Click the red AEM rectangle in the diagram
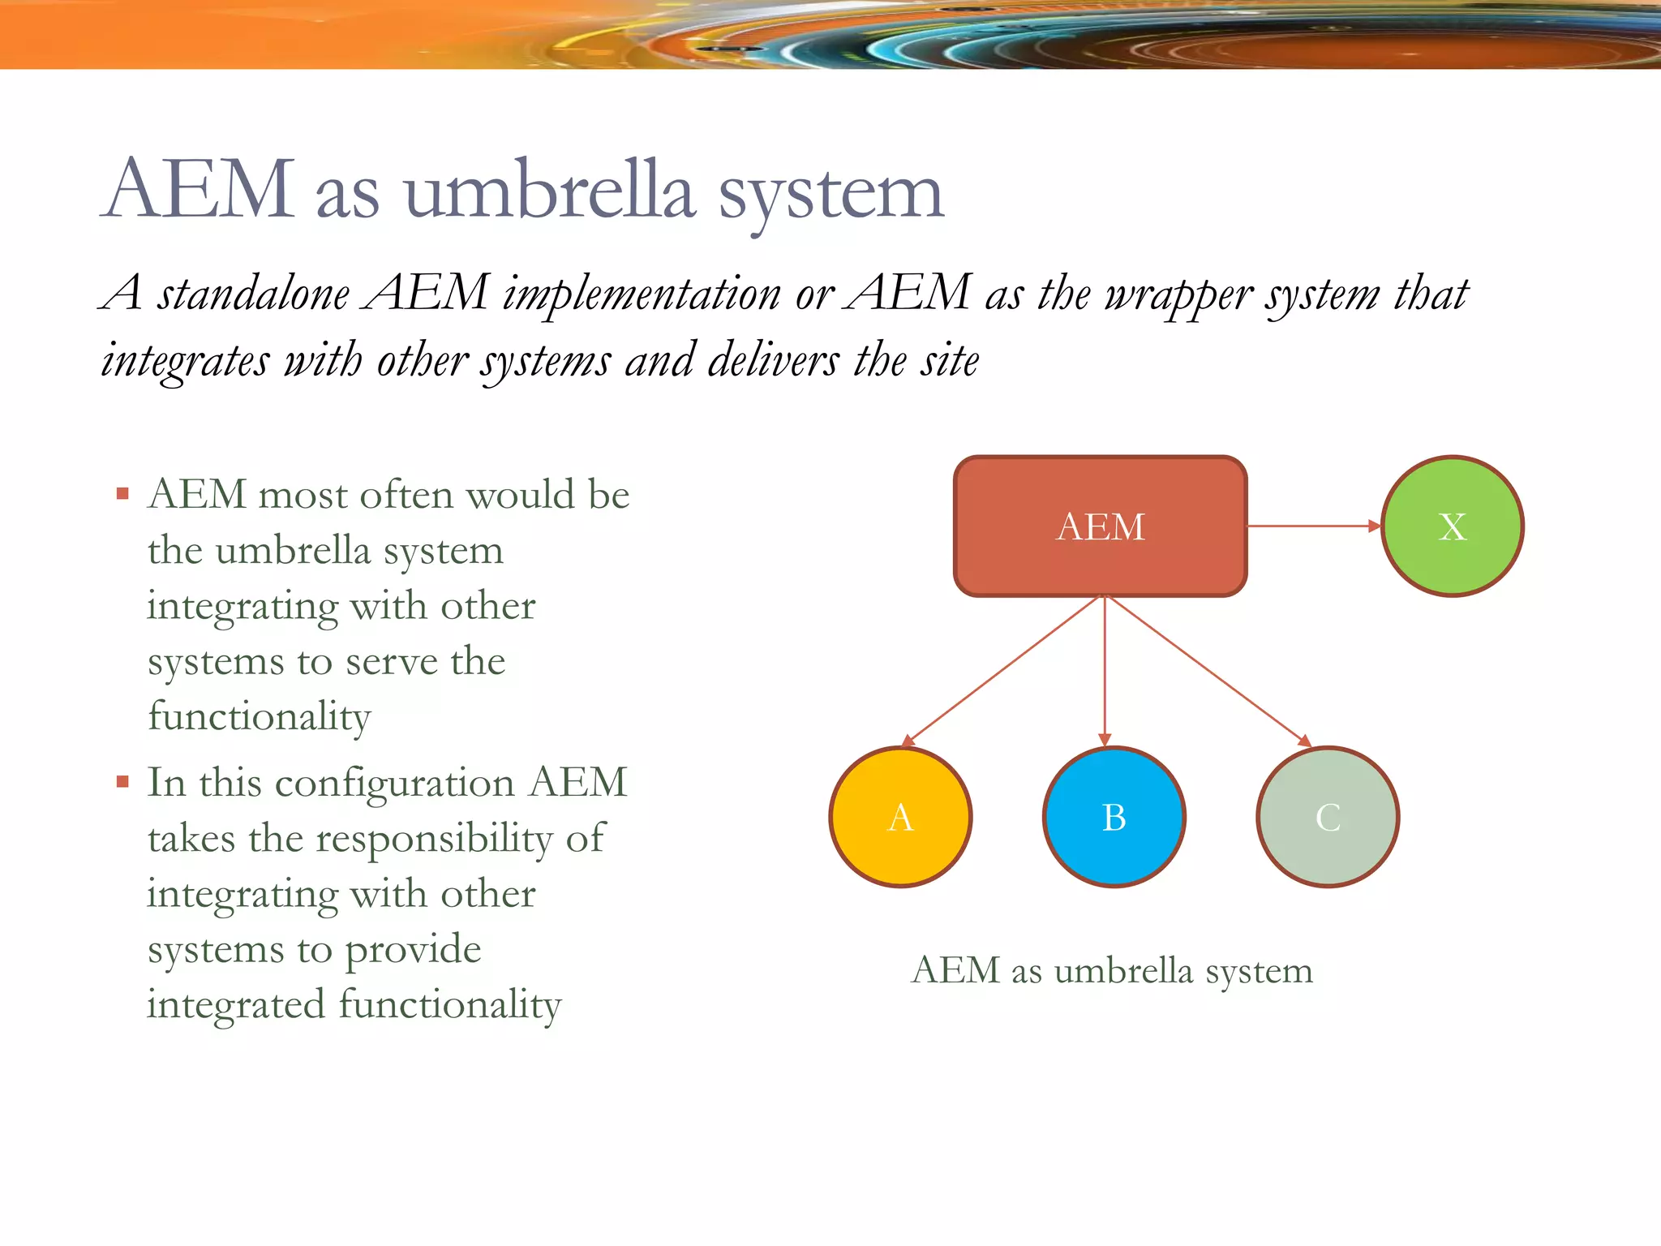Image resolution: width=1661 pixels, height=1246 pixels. [1100, 526]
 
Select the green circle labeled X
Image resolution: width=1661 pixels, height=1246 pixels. [1452, 526]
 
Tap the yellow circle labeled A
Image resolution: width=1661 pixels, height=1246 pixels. [900, 817]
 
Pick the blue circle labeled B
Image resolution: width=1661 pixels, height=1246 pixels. [1114, 817]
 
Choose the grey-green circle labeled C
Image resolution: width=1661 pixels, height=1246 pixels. [1328, 817]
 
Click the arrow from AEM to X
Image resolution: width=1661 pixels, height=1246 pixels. [1314, 526]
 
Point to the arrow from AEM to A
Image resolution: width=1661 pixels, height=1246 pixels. [1002, 671]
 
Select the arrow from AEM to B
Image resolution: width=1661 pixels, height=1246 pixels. [1105, 671]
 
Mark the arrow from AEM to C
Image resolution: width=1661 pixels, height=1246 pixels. [1208, 671]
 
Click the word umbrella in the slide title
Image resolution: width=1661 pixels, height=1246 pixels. [550, 192]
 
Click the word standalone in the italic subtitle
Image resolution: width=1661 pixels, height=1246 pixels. [253, 293]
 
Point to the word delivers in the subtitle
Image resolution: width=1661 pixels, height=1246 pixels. [773, 360]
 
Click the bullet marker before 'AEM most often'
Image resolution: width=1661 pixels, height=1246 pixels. [123, 493]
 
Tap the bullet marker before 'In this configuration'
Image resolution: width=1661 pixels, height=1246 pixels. [123, 782]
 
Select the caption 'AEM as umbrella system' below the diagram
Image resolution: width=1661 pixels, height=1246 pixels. [1112, 971]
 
